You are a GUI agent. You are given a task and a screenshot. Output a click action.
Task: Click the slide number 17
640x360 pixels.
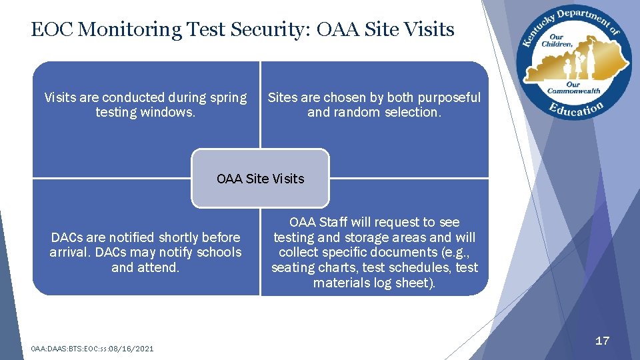click(x=602, y=341)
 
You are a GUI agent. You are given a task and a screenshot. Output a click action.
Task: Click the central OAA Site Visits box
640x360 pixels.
click(x=260, y=179)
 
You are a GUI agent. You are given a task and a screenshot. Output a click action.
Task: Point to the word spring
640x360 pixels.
click(x=228, y=98)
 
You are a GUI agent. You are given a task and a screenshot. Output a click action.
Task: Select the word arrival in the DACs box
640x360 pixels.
click(x=69, y=253)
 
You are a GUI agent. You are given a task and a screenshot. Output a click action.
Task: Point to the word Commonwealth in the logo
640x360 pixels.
click(x=573, y=91)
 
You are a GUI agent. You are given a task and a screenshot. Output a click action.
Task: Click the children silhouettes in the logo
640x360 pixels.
click(x=574, y=66)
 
